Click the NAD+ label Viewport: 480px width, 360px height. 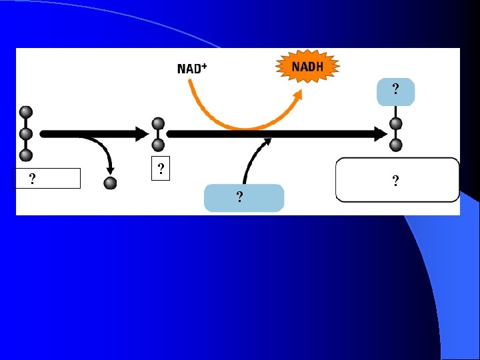tap(192, 68)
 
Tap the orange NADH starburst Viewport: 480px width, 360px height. tap(308, 66)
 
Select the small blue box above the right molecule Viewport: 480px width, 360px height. tap(395, 91)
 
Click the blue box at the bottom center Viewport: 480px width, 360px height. tap(243, 198)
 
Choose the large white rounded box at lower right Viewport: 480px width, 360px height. tap(397, 179)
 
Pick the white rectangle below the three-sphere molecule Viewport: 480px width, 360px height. tap(48, 178)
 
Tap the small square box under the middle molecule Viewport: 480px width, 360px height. tap(160, 169)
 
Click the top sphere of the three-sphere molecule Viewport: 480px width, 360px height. tap(26, 112)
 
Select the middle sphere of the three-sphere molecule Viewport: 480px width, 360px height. tap(26, 134)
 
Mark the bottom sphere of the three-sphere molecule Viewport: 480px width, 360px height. tap(26, 155)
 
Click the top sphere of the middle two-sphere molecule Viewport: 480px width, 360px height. tap(158, 123)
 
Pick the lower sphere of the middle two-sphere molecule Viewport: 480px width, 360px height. tap(158, 145)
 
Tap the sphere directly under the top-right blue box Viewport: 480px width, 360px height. tap(396, 123)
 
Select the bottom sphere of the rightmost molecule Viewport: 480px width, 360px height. tap(396, 145)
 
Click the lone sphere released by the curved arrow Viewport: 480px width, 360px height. tap(111, 182)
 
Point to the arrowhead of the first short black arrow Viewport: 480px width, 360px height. tap(141, 134)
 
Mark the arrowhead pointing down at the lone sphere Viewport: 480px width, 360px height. tap(110, 169)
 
